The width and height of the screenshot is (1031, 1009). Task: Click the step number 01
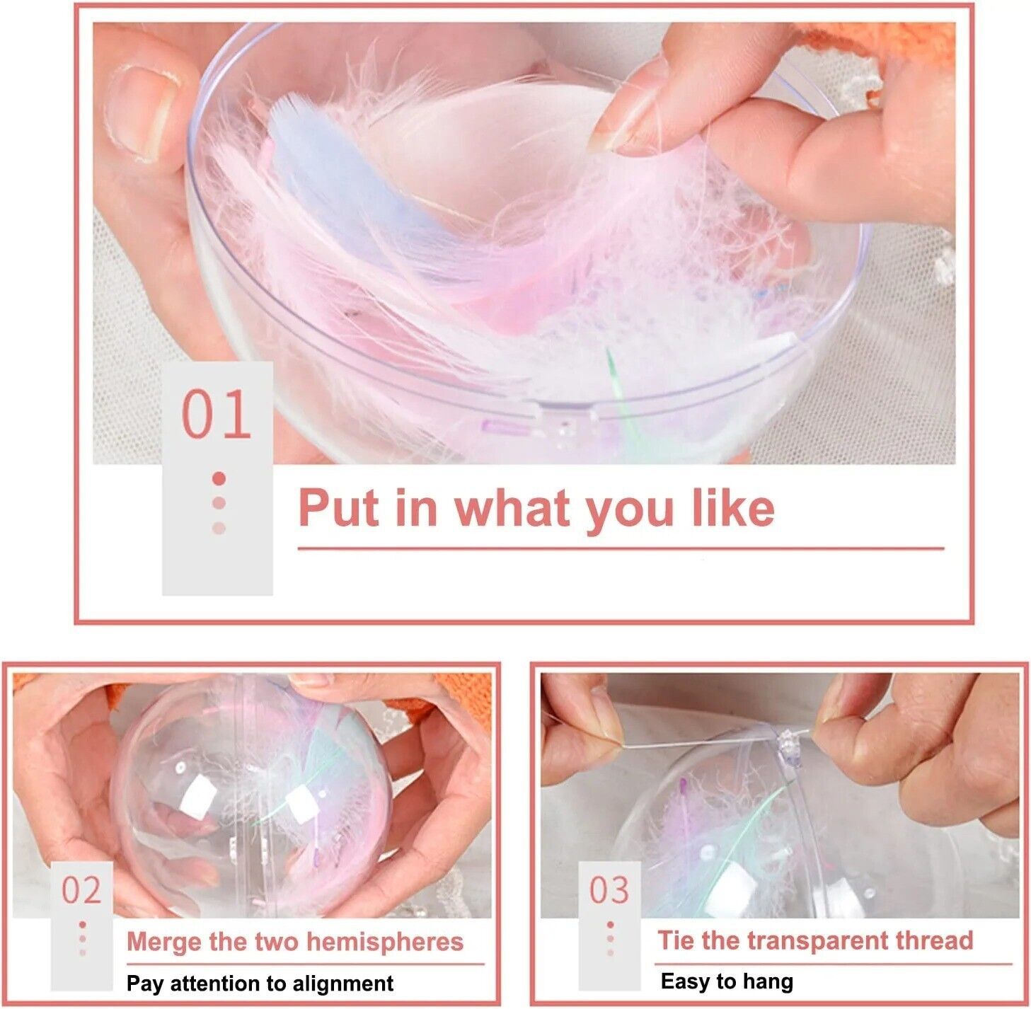pyautogui.click(x=216, y=414)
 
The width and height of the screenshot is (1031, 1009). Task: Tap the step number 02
pyautogui.click(x=81, y=891)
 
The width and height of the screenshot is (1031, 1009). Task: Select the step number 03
pyautogui.click(x=609, y=891)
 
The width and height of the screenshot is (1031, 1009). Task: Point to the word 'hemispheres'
pyautogui.click(x=385, y=942)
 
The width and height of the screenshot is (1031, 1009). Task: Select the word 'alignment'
pyautogui.click(x=340, y=984)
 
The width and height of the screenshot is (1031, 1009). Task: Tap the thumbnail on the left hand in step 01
pyautogui.click(x=140, y=113)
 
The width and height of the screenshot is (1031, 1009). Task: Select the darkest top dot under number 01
pyautogui.click(x=219, y=479)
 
